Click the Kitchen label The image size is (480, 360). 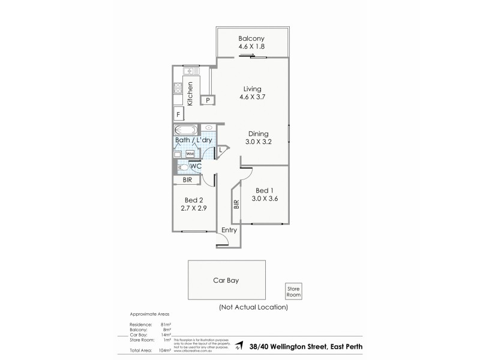coord(190,94)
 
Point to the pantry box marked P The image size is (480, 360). coord(208,100)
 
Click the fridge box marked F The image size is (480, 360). coord(178,114)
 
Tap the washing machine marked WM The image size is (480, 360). coord(190,154)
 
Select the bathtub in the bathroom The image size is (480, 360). coord(185,130)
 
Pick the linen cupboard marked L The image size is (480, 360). coord(221,149)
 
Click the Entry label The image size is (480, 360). coord(229,230)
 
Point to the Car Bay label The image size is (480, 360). coord(227,280)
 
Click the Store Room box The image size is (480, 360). coord(293,292)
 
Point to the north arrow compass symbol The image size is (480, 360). coord(238,345)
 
